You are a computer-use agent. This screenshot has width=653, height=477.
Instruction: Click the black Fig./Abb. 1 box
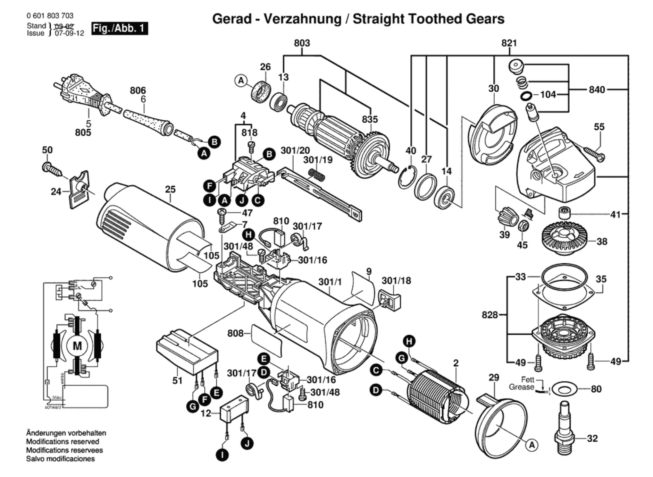(120, 28)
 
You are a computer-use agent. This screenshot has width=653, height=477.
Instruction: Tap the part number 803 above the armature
(302, 43)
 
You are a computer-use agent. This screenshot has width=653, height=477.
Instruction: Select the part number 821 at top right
(509, 43)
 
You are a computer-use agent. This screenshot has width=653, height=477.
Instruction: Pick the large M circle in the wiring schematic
(77, 346)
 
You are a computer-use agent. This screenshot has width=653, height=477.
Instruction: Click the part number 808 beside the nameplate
(235, 333)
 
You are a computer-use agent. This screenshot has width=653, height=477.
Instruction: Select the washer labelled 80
(564, 389)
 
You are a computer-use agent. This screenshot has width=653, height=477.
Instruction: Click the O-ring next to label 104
(526, 95)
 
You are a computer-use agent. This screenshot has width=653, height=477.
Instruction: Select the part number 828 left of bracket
(489, 315)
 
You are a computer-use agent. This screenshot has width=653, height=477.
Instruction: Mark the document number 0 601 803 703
(50, 16)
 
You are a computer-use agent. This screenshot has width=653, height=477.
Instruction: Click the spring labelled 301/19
(317, 174)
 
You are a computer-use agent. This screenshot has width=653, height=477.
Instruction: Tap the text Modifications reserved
(62, 442)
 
